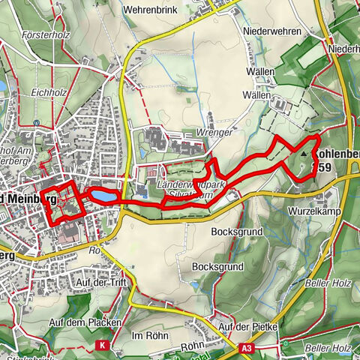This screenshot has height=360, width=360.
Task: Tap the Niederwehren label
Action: tap(272, 31)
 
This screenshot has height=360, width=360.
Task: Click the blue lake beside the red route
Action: tap(102, 195)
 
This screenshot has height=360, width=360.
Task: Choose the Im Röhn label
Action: tap(148, 334)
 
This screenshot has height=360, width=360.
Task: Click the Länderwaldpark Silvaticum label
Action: tap(187, 188)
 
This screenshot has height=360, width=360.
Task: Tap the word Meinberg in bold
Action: tap(31, 199)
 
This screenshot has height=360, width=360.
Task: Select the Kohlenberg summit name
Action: tap(337, 154)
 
